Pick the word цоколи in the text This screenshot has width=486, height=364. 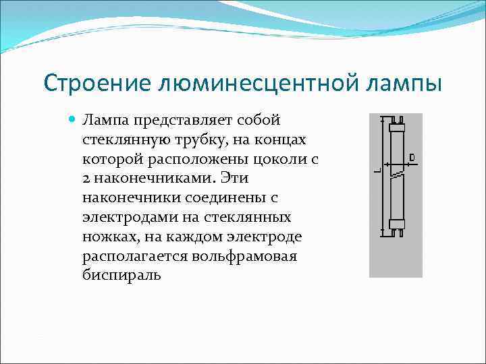coord(277,159)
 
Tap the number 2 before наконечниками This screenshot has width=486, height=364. coord(86,179)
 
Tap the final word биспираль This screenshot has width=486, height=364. coord(122,276)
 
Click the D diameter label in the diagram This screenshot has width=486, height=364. coord(412,158)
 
